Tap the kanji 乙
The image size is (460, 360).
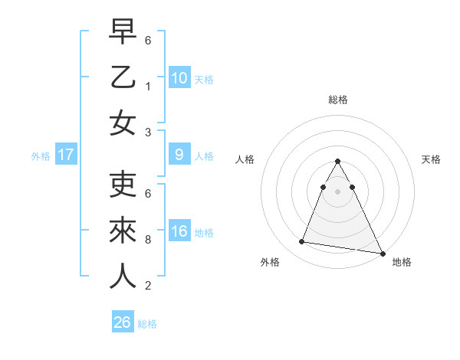point(123,77)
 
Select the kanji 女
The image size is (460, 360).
point(123,122)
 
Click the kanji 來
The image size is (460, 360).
point(123,231)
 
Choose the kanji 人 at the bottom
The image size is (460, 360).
point(123,275)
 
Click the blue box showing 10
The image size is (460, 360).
point(179,77)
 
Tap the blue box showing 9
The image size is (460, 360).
point(179,155)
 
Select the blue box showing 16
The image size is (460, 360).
point(179,231)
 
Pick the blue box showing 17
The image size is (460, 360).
point(66,155)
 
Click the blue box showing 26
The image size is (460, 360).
point(123,322)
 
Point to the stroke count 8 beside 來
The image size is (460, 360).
point(148,240)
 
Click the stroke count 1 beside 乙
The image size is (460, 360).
point(148,86)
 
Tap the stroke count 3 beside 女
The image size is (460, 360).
point(148,132)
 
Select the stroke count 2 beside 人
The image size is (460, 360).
point(148,286)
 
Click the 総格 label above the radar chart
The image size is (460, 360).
point(338,100)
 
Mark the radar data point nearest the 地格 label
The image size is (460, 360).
point(381,253)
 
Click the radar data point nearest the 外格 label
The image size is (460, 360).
point(302,242)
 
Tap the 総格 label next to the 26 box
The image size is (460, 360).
point(147,324)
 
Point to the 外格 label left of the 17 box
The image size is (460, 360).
point(40,156)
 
